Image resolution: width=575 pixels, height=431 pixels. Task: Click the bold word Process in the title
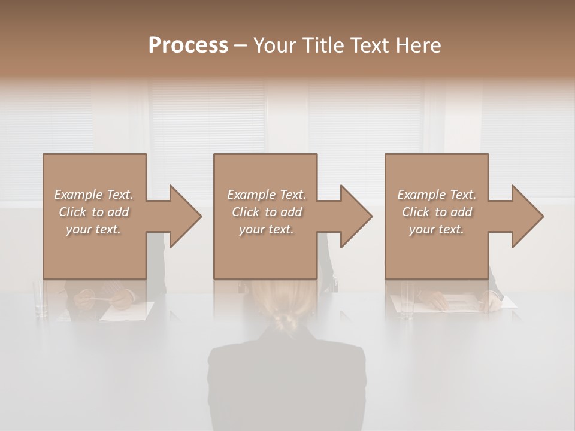point(188,45)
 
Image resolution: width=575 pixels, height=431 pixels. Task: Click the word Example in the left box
point(78,195)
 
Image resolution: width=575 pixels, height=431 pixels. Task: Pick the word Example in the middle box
point(251,195)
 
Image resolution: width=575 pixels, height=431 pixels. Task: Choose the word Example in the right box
point(421,195)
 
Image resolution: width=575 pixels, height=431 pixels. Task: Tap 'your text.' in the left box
point(93,229)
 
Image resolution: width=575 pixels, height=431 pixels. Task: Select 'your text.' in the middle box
point(266,229)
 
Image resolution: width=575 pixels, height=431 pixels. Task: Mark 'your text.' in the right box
point(436,229)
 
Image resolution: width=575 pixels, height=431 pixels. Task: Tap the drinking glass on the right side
point(407,299)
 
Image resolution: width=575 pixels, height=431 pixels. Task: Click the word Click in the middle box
point(246,212)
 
